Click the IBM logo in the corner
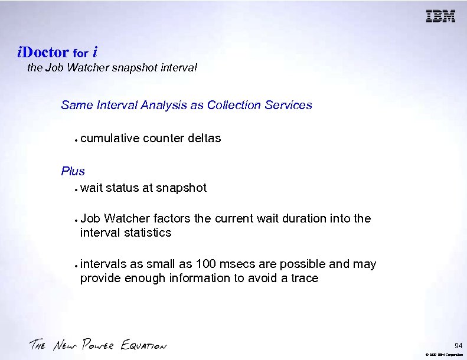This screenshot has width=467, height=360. [440, 17]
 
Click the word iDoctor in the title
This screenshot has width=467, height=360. [43, 52]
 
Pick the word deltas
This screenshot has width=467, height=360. [204, 138]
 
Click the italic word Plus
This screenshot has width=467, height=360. [73, 171]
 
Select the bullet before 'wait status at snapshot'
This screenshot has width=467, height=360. [77, 189]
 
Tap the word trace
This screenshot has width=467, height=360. [303, 278]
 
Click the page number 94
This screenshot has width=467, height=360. [458, 345]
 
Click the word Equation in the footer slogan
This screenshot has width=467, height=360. [143, 345]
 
